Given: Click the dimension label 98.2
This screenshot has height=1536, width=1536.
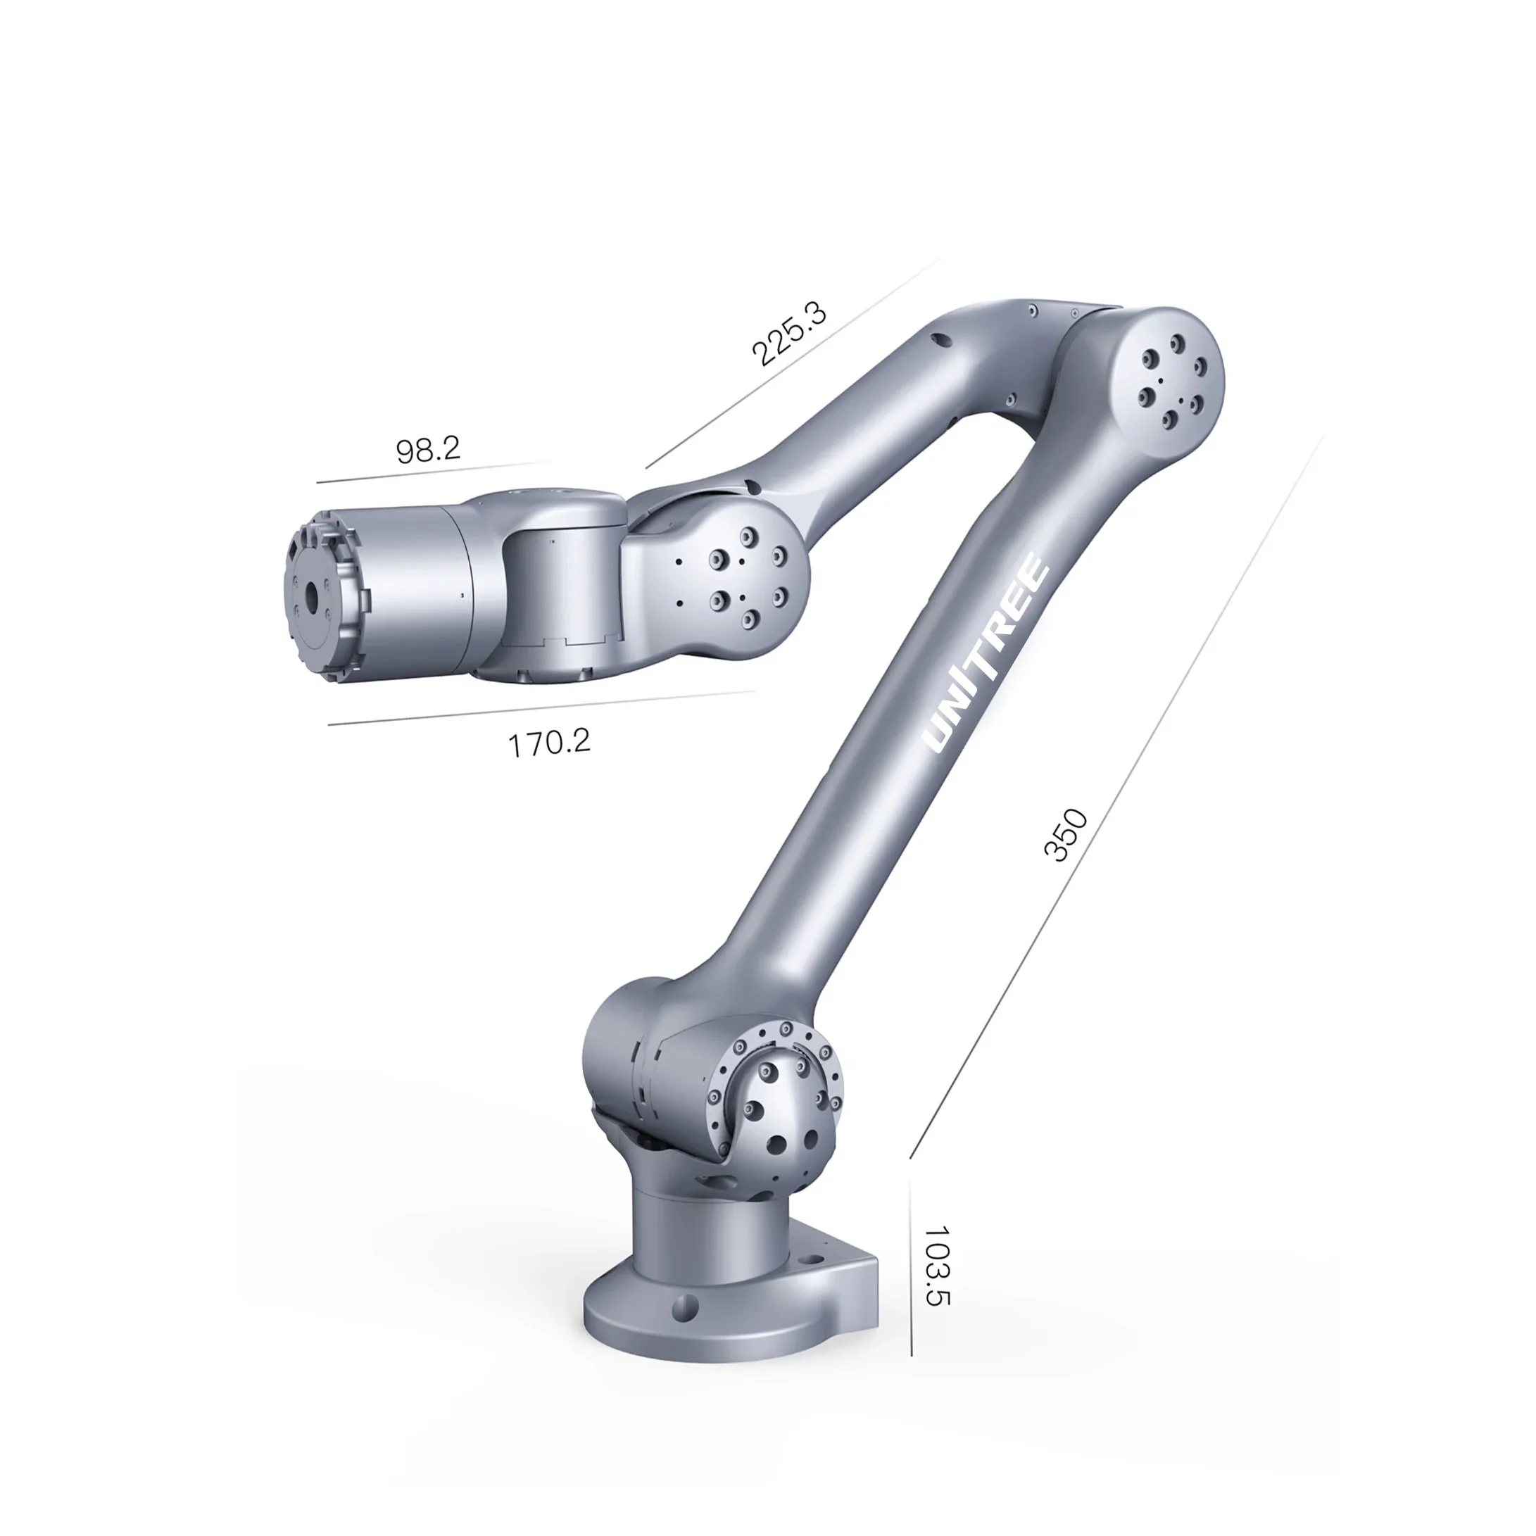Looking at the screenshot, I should point(428,450).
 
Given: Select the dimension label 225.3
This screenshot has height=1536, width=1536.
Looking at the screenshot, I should point(788,334).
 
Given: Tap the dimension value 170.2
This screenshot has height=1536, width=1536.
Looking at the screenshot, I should point(549,743).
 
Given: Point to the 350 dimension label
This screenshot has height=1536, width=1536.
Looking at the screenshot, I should point(1064,834).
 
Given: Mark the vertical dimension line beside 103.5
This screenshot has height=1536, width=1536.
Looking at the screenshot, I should point(910,1264).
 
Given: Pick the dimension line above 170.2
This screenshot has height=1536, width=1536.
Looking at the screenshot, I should point(541,708).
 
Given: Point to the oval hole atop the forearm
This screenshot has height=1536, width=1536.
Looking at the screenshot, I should point(941,340).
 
